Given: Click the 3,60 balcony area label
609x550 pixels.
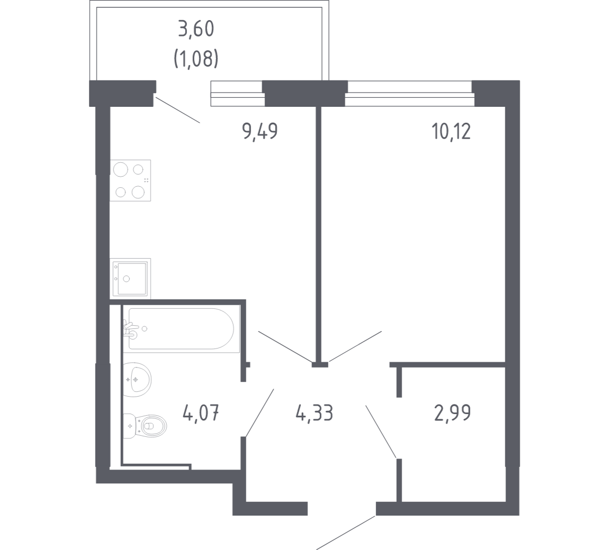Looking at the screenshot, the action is (x=196, y=30).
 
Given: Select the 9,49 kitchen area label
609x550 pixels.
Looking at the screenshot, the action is (x=260, y=131).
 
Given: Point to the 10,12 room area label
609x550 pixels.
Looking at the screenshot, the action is (x=451, y=131).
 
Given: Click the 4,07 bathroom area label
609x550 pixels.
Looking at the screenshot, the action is (x=201, y=412).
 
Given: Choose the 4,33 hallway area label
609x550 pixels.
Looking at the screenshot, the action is (x=314, y=412).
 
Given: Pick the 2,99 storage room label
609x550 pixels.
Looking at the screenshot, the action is (x=452, y=412).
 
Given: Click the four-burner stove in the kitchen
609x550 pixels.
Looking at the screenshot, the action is (x=130, y=180).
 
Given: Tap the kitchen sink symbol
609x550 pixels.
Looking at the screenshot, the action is (x=130, y=279).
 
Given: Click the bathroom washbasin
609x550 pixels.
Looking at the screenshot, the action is (x=137, y=380).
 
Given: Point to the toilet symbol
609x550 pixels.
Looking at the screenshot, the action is (x=145, y=426).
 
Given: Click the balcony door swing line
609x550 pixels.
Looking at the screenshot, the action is (x=177, y=110).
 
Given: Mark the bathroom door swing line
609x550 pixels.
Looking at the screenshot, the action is (x=260, y=413).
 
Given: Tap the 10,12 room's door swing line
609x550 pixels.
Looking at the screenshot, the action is (x=355, y=346).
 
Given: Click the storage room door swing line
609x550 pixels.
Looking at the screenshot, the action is (x=381, y=432).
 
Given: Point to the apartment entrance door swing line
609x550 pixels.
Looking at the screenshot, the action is (x=346, y=533).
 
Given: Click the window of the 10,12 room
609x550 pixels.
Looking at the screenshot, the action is (x=410, y=93).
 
